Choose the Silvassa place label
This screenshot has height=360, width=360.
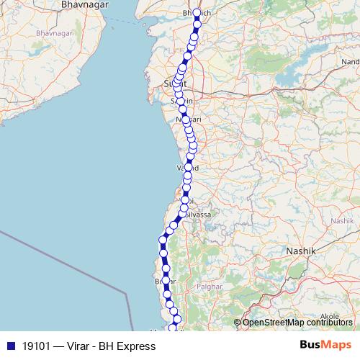[x=199, y=215]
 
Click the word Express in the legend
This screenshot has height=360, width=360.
[x=138, y=346]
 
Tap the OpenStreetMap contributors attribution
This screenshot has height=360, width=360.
[x=297, y=323]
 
